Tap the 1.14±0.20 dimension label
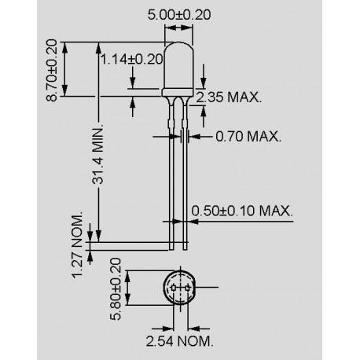(x=131, y=59)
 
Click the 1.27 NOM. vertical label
(x=77, y=244)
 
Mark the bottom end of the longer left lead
(x=172, y=249)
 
